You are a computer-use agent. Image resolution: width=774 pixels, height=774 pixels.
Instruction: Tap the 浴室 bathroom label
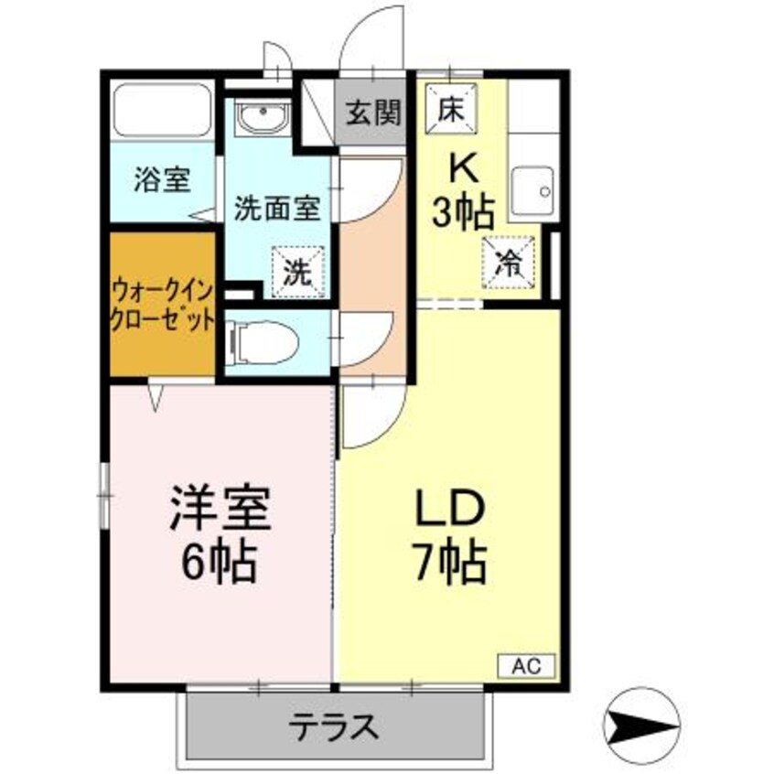(x=162, y=179)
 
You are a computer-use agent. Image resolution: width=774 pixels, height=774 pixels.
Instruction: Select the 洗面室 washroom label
(x=276, y=208)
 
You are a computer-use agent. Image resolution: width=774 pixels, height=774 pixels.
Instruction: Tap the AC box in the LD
(x=525, y=665)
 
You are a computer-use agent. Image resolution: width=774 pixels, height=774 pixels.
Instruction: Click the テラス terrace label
(x=334, y=727)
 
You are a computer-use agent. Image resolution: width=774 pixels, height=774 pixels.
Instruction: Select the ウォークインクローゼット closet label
(x=163, y=306)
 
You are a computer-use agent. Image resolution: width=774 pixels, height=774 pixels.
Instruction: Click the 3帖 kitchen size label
(x=463, y=213)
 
